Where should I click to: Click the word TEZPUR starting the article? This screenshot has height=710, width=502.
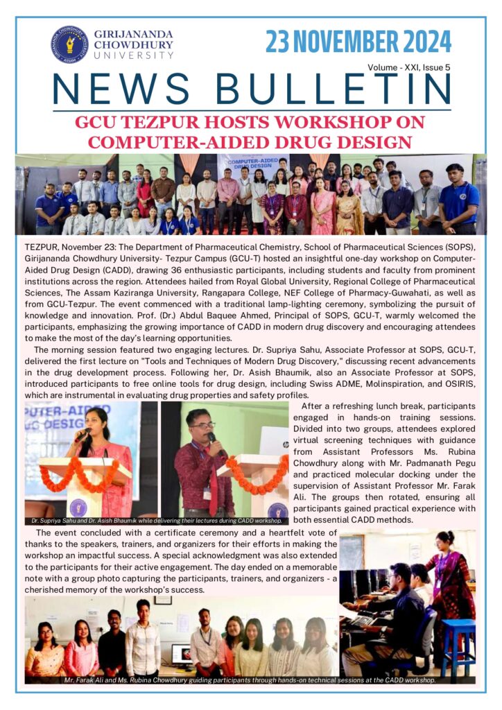pyautogui.click(x=41, y=248)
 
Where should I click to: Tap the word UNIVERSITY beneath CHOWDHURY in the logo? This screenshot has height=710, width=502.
pyautogui.click(x=134, y=55)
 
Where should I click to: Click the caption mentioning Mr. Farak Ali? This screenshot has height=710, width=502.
pyautogui.click(x=250, y=681)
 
